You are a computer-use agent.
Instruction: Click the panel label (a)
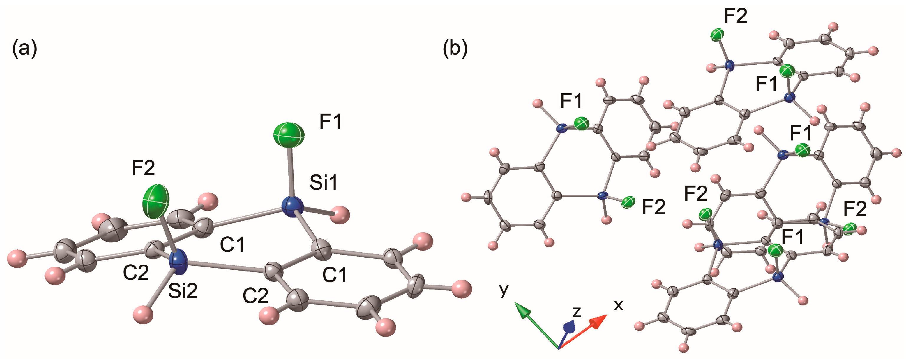click(25, 49)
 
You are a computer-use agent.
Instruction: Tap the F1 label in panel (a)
click(330, 122)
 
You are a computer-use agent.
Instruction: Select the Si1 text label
click(323, 182)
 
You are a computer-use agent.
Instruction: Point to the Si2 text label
click(183, 291)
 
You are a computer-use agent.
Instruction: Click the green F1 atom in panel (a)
click(289, 135)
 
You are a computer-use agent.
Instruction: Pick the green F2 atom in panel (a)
click(156, 202)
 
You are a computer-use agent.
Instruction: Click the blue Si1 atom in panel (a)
click(293, 207)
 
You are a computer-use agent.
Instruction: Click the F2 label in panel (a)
click(143, 168)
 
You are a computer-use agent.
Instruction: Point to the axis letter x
click(618, 304)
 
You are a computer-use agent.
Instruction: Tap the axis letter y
click(504, 289)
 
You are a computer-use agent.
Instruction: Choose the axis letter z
click(576, 312)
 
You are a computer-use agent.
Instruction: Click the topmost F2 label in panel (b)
click(735, 16)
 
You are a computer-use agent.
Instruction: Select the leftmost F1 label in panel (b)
click(571, 101)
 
